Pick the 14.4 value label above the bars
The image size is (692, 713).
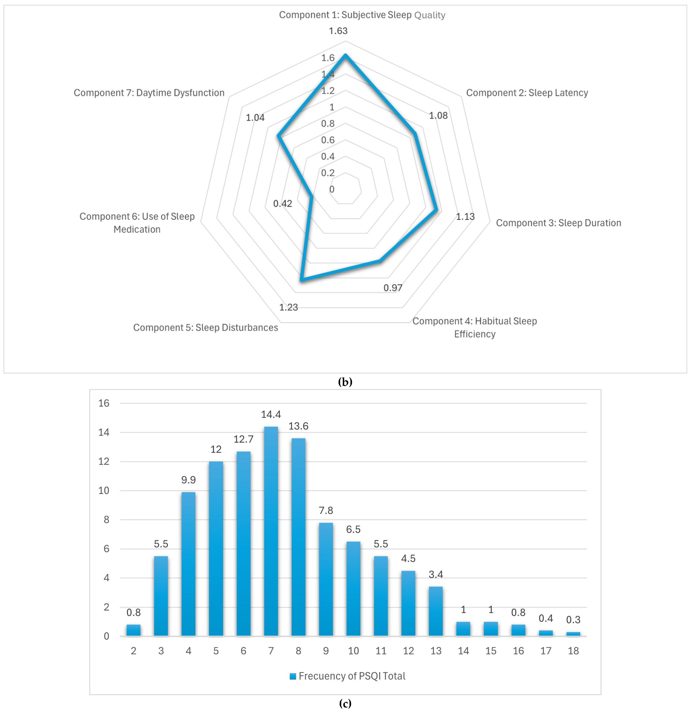click(271, 414)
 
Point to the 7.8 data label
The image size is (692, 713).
click(326, 510)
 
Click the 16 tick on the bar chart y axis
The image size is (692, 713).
click(104, 403)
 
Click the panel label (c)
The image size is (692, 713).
click(345, 704)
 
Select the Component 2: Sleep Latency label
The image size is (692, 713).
click(527, 93)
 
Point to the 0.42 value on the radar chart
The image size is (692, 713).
click(283, 203)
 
